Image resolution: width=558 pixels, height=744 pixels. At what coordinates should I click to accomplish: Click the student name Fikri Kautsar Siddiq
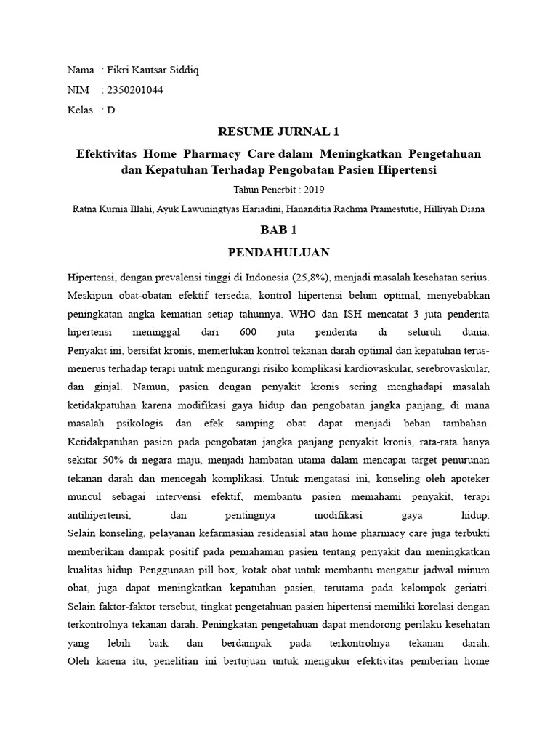[x=153, y=70]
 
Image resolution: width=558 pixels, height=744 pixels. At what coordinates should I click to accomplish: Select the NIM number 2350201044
[x=136, y=90]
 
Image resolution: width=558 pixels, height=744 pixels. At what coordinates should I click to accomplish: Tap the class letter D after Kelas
[x=111, y=110]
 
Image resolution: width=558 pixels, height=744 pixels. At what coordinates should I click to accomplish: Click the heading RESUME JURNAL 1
[x=279, y=132]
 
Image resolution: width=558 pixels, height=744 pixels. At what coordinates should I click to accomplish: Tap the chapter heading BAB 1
[x=279, y=230]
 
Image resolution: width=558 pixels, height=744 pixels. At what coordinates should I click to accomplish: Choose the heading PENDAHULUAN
[x=279, y=253]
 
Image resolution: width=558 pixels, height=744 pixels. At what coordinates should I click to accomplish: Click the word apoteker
[x=469, y=479]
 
